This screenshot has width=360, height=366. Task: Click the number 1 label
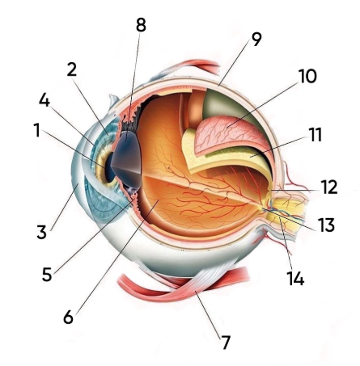coord(37,130)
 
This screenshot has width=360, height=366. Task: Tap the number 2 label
coord(72,69)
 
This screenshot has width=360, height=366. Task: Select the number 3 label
coord(42,232)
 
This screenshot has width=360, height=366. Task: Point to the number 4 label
coord(44,100)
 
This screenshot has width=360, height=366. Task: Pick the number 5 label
coord(47,275)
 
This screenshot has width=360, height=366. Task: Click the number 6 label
coord(69,317)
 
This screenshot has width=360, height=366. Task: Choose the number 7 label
coord(226,342)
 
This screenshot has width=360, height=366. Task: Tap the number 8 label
coord(141,25)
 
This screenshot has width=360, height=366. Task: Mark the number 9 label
coord(256,39)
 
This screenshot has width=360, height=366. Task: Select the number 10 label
coord(307,76)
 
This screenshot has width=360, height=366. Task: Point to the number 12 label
coord(329,187)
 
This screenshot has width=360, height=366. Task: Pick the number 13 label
coord(326,225)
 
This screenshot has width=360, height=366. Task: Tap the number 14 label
coord(295,278)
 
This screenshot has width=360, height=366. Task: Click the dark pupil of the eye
coord(110,167)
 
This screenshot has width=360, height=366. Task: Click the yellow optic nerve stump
coord(290,212)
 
